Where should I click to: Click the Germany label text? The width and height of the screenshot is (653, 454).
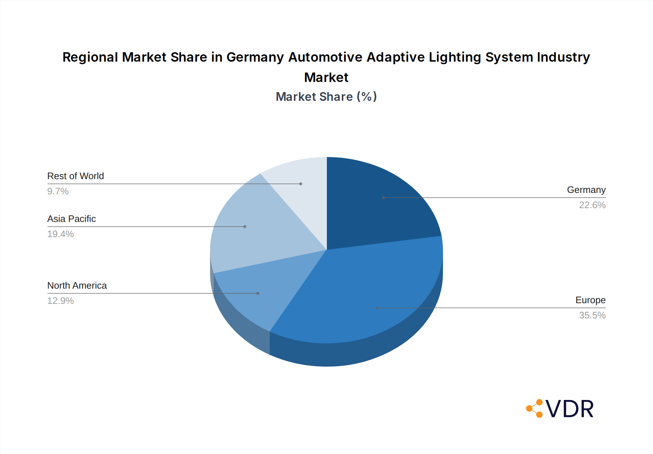[x=586, y=190]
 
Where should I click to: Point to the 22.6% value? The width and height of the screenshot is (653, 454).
[x=592, y=205]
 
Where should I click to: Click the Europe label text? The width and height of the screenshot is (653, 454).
[x=590, y=300]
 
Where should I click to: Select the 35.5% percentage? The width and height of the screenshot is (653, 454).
[x=592, y=315]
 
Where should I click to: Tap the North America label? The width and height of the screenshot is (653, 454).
[x=77, y=286]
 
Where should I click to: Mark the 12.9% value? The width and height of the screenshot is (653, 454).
[x=60, y=301]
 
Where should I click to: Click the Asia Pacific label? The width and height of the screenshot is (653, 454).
[x=71, y=219]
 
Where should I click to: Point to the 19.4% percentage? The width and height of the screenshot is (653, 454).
[x=60, y=234]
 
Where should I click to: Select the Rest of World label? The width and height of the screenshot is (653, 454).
[x=75, y=176]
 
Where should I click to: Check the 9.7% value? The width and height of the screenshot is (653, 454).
[x=58, y=191]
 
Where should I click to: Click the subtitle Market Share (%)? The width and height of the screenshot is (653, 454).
[x=326, y=97]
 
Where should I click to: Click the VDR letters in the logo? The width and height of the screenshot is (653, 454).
[x=570, y=409]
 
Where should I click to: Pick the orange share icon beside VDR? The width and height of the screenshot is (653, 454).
[x=535, y=409]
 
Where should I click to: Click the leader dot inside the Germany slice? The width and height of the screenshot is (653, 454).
[x=383, y=198]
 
